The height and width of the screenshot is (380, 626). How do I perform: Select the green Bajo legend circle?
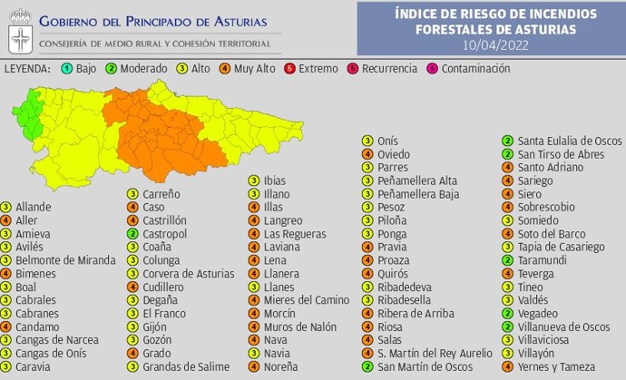[67, 69]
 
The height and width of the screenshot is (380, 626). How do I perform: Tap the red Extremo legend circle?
[289, 69]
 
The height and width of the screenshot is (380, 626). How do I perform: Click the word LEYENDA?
[26, 69]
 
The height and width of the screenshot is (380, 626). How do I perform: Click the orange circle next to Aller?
[6, 220]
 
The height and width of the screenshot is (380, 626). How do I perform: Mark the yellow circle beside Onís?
[367, 141]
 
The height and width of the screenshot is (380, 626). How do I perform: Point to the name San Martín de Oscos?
[425, 366]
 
